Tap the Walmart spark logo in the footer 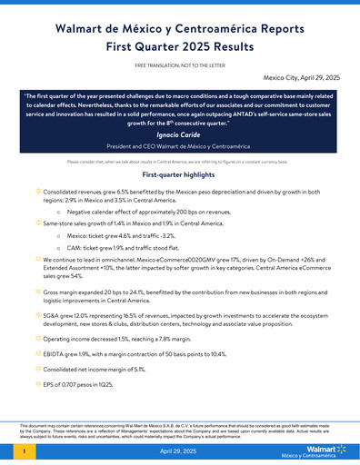[x=341, y=448]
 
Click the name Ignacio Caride [x=179, y=133]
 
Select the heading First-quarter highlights [x=180, y=174]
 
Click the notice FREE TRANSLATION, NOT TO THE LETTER [x=180, y=66]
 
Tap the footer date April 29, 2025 [x=180, y=451]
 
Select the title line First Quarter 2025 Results [x=179, y=46]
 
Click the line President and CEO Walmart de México [x=179, y=147]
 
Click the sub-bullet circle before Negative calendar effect [x=59, y=211]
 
